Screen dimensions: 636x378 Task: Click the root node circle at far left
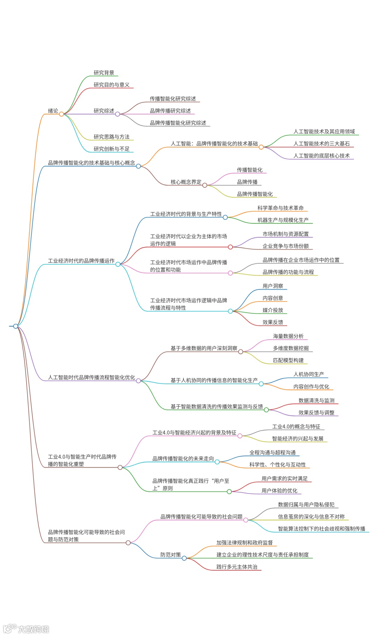click(15, 326)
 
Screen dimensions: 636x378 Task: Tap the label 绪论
click(53, 111)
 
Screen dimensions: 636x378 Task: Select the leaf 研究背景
click(104, 73)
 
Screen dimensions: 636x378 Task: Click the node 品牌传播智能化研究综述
click(178, 123)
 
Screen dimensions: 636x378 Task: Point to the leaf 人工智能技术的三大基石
click(321, 144)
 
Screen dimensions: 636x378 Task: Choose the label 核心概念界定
click(186, 182)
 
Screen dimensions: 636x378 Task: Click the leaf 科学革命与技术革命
click(280, 208)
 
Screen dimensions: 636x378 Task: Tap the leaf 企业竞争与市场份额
click(286, 246)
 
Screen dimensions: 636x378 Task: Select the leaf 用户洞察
click(273, 286)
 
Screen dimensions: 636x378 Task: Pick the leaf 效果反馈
click(273, 322)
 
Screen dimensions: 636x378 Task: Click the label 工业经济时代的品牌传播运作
click(81, 261)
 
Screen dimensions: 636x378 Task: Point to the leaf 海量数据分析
click(288, 336)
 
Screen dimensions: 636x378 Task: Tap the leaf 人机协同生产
click(308, 374)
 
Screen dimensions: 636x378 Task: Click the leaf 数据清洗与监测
click(316, 401)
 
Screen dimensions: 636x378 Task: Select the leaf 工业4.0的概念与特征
click(296, 427)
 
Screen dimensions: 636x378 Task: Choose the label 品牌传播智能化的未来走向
click(183, 459)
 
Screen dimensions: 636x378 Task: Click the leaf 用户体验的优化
click(279, 491)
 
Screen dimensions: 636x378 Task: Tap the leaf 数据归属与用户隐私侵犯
click(306, 505)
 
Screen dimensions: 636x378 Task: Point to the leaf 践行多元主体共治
click(237, 567)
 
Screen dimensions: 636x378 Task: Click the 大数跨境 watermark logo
click(26, 629)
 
